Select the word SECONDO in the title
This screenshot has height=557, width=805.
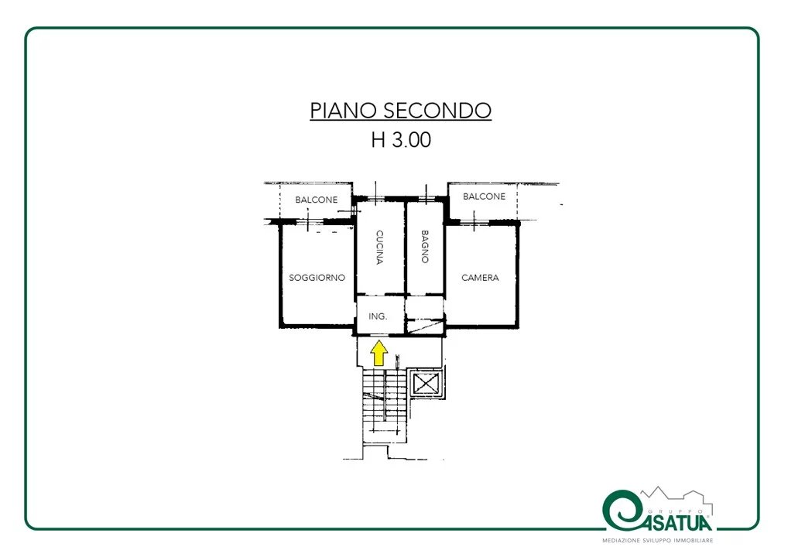pos(437,110)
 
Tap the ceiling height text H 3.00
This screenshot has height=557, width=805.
pos(401,139)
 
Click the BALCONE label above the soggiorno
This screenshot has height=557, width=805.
pos(317,200)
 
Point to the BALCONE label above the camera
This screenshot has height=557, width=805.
pos(484,196)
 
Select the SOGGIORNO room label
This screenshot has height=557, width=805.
pos(317,278)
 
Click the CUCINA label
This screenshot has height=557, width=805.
pos(379,248)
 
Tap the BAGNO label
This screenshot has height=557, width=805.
pos(425,247)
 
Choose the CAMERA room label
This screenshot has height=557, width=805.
pos(480,278)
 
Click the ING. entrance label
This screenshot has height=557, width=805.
pos(378,316)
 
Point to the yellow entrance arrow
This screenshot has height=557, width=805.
pos(379,353)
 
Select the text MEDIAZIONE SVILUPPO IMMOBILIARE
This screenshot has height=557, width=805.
pos(658,541)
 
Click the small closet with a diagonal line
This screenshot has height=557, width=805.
pos(424,326)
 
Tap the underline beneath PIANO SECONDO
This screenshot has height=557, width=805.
pos(401,121)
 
